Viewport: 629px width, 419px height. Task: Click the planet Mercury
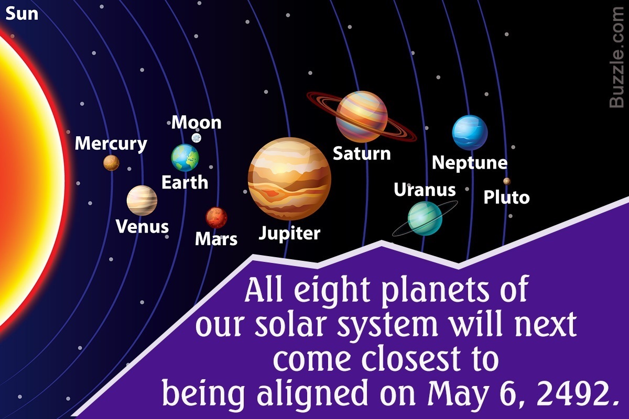click(x=111, y=163)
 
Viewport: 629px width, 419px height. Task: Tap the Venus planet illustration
click(x=142, y=201)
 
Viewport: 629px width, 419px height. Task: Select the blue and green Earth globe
click(x=185, y=158)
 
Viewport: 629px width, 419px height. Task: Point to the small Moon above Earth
click(x=196, y=138)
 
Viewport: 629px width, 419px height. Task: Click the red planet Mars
click(x=216, y=218)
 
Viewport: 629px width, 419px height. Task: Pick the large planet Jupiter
click(x=289, y=179)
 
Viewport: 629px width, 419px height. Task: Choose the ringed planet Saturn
click(x=362, y=116)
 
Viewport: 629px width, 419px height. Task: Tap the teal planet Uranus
click(x=425, y=218)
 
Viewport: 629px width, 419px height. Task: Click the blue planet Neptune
click(x=470, y=133)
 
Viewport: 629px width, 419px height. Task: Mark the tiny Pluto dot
click(x=506, y=181)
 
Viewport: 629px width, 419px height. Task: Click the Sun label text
click(x=21, y=14)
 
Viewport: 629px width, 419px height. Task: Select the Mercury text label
click(x=111, y=144)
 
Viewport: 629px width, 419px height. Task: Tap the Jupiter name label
click(x=289, y=233)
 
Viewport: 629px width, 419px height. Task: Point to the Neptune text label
click(x=470, y=163)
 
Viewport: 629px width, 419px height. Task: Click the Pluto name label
click(x=506, y=197)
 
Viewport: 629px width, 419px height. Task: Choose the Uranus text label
click(x=425, y=190)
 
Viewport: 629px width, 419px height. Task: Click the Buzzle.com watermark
click(x=616, y=57)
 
